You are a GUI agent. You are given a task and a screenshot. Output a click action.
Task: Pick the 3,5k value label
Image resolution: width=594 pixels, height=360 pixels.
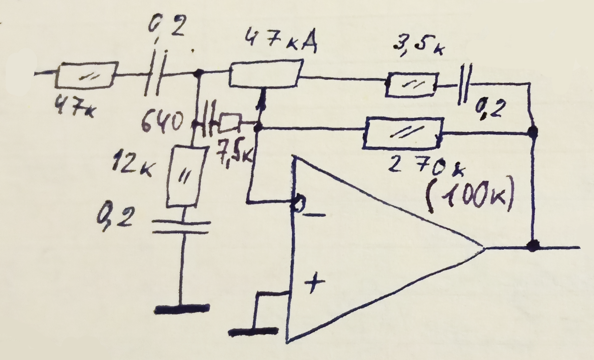click(x=418, y=47)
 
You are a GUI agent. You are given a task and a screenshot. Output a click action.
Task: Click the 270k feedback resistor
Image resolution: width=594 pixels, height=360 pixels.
click(x=402, y=133)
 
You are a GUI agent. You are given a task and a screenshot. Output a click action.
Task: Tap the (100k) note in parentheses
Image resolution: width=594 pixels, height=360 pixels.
click(x=470, y=196)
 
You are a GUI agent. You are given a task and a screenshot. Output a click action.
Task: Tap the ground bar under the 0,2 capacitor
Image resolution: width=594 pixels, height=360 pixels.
click(x=183, y=308)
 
